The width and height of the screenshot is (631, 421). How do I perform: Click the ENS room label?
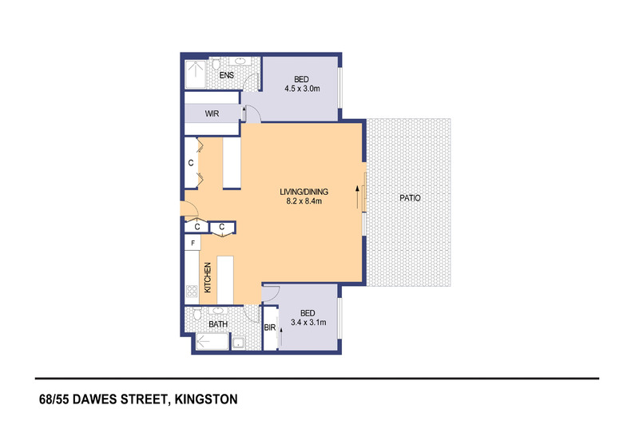coord(227,75)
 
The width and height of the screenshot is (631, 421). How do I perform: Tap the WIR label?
coord(212,114)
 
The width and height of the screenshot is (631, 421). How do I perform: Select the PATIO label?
coord(410,198)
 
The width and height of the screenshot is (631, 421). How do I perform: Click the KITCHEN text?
coord(208,278)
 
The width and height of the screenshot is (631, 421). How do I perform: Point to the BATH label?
coord(218,324)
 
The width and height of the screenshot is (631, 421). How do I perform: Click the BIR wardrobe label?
coord(270,328)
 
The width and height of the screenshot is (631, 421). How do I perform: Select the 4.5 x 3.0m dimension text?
coord(302,89)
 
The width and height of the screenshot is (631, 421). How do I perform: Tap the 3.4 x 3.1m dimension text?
coord(308,323)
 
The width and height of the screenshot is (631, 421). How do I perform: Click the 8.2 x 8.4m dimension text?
coord(304,201)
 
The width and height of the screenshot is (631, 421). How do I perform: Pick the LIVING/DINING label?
coord(304,192)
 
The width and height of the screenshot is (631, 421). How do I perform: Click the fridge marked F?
coord(192,243)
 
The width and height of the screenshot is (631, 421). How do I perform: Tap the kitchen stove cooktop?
coord(192,292)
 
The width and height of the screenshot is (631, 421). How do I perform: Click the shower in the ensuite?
coord(196,74)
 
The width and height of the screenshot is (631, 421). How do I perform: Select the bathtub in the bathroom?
coord(212,341)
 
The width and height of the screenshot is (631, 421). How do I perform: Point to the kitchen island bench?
coord(225,280)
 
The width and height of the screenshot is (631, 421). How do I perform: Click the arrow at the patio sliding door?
coord(357,197)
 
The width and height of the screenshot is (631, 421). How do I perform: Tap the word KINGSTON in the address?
coord(206,399)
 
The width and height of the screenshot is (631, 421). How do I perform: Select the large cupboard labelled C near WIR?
coord(191,163)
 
